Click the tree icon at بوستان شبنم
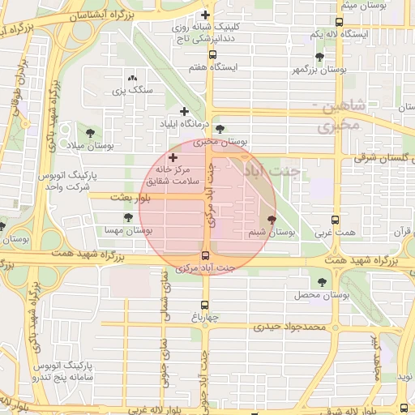point(271,219)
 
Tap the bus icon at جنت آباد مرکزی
point(204,255)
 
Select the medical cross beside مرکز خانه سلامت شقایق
point(173,156)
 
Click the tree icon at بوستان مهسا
point(128,217)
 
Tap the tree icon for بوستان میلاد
point(89,132)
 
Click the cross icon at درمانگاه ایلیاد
point(184,111)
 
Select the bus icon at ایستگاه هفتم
point(212,55)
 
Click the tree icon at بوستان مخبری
point(220,129)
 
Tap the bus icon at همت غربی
point(335,220)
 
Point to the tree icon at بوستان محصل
point(322,282)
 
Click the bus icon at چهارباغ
point(204,306)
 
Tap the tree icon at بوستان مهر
point(319,57)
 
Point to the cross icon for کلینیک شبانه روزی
point(205,15)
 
